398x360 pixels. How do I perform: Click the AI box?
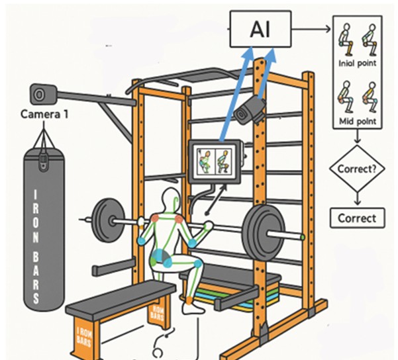coord(260,30)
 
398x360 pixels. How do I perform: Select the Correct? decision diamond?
coord(356,169)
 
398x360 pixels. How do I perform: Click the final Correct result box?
coord(356,217)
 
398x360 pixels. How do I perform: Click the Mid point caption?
coord(356,122)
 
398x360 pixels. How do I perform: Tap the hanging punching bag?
coord(45,232)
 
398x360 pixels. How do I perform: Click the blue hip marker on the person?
coord(160,260)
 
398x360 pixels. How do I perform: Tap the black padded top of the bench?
coord(121,296)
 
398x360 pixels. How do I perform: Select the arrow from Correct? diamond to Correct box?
coord(356,197)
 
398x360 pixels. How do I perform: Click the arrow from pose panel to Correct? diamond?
coord(356,139)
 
